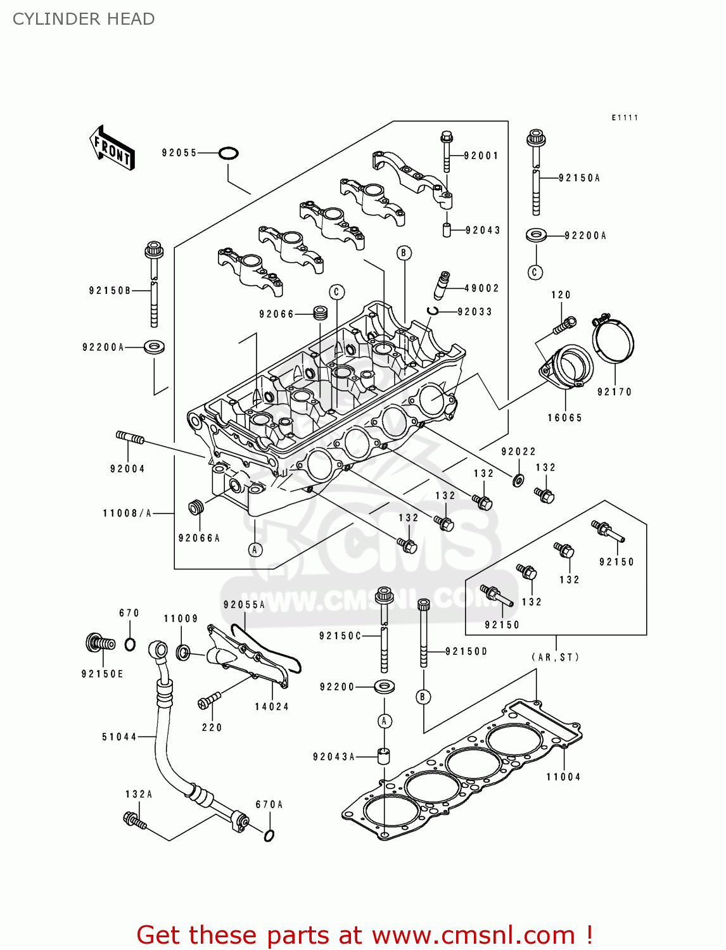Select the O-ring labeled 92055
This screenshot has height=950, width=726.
[x=228, y=153]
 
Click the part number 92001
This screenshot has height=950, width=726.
[x=481, y=156]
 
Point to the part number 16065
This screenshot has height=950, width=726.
[x=564, y=418]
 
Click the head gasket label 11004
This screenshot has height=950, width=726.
[x=563, y=777]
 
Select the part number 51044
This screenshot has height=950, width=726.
[x=119, y=737]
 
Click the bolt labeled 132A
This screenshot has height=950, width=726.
[x=135, y=821]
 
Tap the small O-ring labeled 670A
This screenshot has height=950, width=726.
[x=269, y=835]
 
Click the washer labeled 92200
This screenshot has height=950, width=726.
[x=384, y=687]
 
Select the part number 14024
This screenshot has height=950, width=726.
[x=272, y=707]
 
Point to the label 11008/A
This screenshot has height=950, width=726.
[x=127, y=513]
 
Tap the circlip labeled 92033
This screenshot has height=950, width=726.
[x=433, y=310]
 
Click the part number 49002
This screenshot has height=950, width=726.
[x=481, y=288]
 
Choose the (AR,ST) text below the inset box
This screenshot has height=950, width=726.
[x=556, y=657]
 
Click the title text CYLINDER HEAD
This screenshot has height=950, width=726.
[x=84, y=19]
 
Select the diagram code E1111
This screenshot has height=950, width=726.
[x=625, y=118]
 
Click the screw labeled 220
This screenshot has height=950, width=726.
[x=208, y=701]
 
